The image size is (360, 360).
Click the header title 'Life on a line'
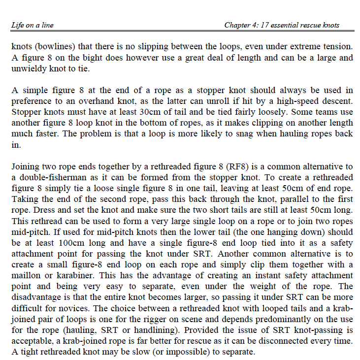point(32,25)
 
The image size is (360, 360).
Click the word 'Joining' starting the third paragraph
point(24,166)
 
